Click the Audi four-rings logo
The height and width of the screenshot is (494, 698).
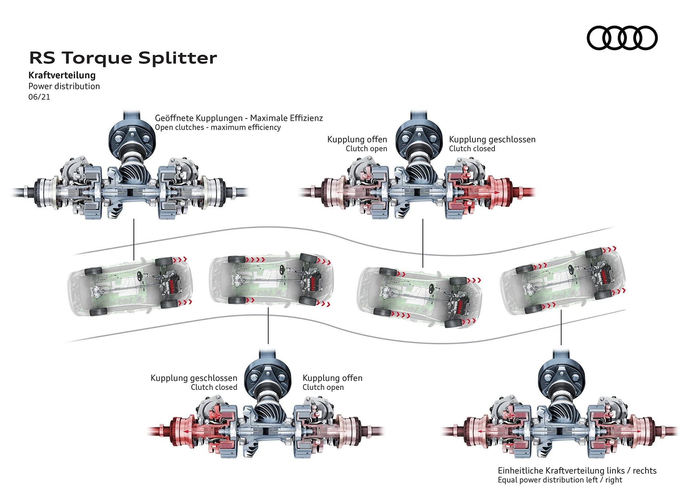pos(622,38)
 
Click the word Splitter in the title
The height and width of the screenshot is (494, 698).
pos(177,58)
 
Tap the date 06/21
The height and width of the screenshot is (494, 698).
pos(39,97)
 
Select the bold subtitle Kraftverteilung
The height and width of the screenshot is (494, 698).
pos(62,75)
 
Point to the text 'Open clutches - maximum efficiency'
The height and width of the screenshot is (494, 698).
pos(218,128)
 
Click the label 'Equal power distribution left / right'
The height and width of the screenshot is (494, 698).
pos(560,480)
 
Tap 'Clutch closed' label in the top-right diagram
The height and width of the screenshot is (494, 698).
pos(472,149)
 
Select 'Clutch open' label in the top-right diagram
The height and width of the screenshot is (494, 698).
pos(366,149)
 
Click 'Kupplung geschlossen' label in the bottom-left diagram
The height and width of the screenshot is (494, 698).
pos(194,378)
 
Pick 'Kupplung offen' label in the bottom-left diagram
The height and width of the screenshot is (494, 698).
pos(332,378)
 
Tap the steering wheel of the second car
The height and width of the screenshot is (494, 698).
pos(282,270)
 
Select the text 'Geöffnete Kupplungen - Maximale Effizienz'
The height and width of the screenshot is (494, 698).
pos(239,118)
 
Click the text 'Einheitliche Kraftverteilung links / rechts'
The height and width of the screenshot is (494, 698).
pos(577,471)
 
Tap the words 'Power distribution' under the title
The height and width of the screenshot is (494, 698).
pos(64,87)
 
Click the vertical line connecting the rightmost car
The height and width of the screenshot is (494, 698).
pos(561,327)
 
